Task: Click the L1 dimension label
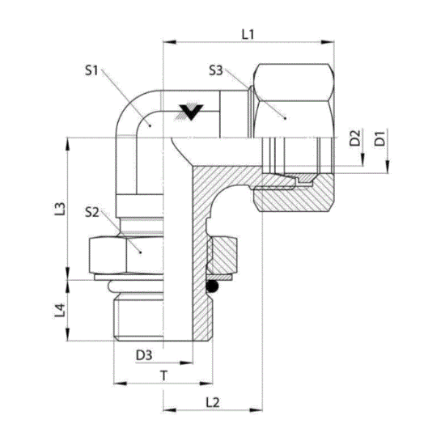point(248,35)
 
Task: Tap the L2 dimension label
point(213,402)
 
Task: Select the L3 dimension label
point(60,209)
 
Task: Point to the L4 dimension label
point(60,310)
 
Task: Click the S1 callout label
point(91,70)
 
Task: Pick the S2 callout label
point(92,212)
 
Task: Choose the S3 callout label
point(216,70)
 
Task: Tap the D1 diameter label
point(379,138)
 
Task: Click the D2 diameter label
point(354,138)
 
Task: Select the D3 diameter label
point(144,355)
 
